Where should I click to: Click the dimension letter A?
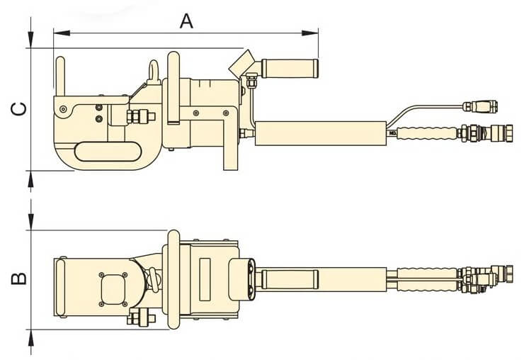tap(186, 21)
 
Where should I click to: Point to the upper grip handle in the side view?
tap(290, 68)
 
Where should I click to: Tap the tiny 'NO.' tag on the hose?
tap(392, 132)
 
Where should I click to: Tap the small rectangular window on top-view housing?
tap(205, 274)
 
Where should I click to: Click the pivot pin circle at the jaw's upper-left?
tap(64, 108)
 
